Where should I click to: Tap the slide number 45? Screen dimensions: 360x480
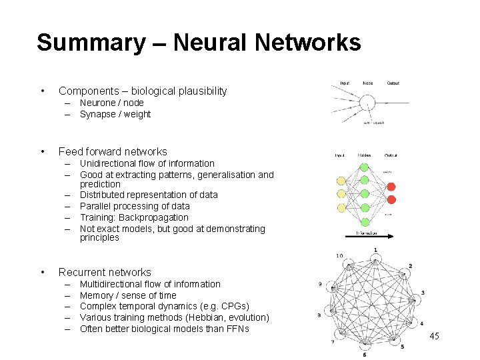click(434, 335)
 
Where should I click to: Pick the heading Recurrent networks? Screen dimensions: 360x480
click(105, 272)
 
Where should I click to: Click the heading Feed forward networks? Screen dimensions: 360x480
click(113, 151)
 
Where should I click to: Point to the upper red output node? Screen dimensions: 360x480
click(391, 187)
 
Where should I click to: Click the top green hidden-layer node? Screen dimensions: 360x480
click(364, 167)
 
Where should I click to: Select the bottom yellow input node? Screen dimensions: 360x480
click(342, 207)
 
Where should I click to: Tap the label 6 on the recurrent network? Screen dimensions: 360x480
click(364, 354)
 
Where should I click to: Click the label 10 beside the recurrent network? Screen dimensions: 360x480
click(339, 256)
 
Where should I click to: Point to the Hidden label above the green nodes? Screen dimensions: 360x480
click(364, 155)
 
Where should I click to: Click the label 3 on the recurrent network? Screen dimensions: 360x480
click(423, 293)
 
